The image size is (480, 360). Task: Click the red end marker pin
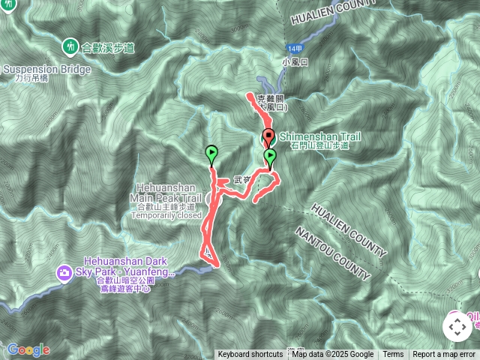point(268,137)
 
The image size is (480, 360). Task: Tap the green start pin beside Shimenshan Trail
point(269,156)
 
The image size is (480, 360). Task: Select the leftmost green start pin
point(211,154)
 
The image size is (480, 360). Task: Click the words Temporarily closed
point(166,215)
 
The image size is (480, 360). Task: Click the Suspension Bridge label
point(46,70)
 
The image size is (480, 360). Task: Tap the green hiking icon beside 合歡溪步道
point(70,46)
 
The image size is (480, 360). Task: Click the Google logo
point(28,350)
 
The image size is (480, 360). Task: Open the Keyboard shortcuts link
point(250,355)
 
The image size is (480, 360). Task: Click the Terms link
point(393,355)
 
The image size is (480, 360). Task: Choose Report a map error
point(444,355)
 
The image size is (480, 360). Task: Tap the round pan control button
point(456,327)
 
